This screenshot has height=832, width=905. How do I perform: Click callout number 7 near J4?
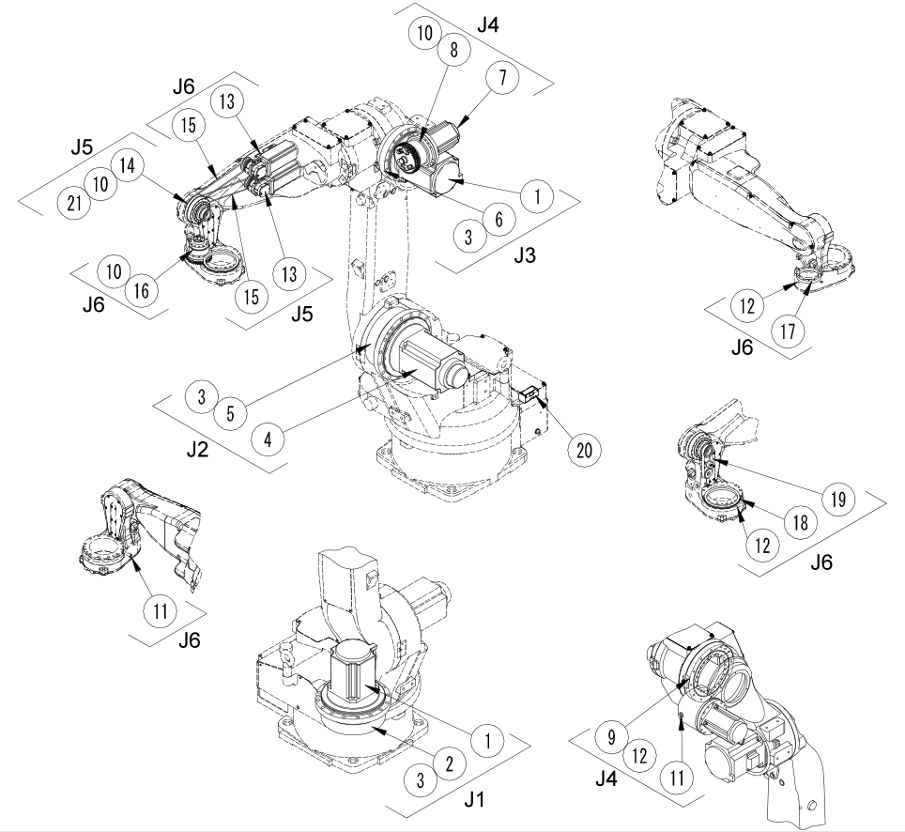502,80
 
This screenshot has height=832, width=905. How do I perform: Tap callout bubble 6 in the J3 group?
499,218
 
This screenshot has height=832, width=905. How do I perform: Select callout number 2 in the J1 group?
449,763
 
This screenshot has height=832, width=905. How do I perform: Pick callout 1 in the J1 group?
486,739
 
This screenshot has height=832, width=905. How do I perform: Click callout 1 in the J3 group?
536,197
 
